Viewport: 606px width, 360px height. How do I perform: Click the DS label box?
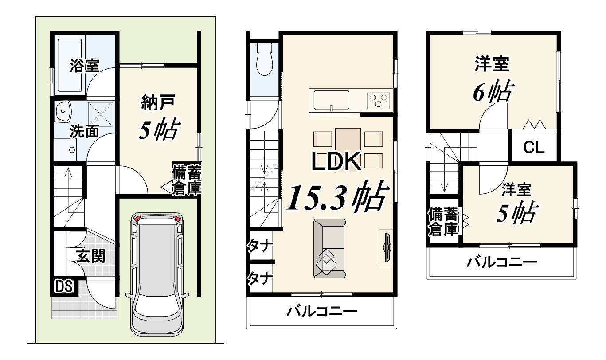coord(64,286)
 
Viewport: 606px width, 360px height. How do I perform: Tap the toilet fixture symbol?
coord(264,59)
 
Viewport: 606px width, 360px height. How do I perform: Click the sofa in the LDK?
coord(329,249)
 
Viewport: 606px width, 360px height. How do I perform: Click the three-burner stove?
coord(378,101)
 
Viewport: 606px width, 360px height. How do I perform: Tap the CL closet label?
coord(533,148)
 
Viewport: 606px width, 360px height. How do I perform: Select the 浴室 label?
coord(84,66)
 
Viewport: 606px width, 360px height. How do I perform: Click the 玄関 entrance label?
coord(90,256)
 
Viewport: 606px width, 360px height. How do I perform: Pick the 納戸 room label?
coord(158,102)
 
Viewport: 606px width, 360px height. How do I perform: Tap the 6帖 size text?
coord(493,91)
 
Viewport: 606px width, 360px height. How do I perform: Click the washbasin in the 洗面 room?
coord(63,111)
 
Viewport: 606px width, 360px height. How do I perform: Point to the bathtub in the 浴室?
coord(70,65)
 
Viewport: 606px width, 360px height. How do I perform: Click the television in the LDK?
coord(387,247)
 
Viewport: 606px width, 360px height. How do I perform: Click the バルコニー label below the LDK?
coord(322,312)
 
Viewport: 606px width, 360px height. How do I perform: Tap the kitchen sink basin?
coord(331,101)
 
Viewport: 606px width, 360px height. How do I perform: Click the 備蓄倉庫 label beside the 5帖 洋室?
coord(443,222)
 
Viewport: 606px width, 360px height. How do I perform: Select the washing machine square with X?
coord(101,114)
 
